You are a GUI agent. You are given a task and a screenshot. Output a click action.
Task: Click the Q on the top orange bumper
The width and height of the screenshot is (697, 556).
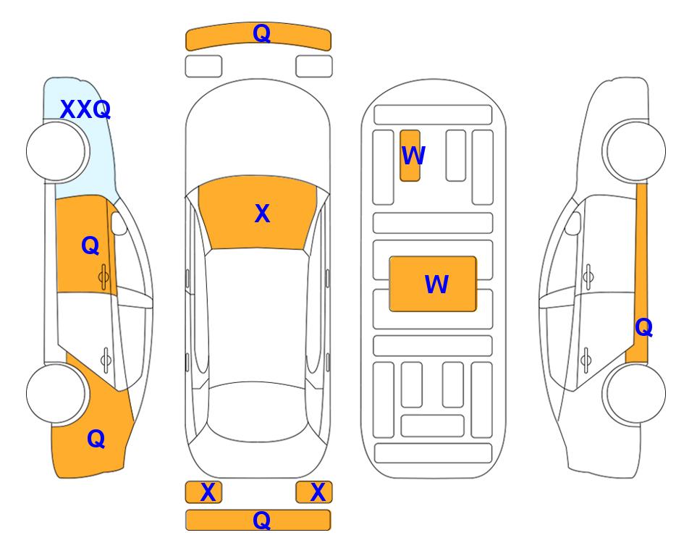[x=261, y=33]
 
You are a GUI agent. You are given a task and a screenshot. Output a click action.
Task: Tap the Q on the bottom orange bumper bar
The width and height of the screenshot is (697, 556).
[x=261, y=520]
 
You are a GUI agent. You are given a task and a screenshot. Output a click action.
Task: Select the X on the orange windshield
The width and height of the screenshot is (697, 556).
[x=262, y=214]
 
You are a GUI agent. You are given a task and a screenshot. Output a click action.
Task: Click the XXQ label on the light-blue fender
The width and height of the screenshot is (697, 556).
[x=85, y=109]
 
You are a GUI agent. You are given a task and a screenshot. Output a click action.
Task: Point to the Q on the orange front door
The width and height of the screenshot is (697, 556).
[x=90, y=245]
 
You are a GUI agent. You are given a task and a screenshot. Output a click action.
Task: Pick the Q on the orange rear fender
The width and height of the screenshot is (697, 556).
[x=96, y=439]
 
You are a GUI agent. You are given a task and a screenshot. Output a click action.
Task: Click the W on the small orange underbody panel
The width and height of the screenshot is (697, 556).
[x=413, y=156]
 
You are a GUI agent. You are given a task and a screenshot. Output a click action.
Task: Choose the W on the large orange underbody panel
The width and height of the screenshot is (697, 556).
[x=436, y=285]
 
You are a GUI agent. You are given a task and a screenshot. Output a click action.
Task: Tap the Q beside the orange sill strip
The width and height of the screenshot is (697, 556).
[x=643, y=327]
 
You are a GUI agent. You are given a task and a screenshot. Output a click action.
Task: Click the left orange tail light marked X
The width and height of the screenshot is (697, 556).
[x=203, y=492]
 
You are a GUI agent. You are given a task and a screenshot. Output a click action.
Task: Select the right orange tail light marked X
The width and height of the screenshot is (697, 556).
[x=314, y=492]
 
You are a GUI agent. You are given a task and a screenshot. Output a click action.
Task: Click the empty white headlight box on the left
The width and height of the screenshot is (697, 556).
[x=203, y=67]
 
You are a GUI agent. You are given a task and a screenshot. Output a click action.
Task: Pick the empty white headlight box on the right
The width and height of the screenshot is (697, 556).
[x=314, y=67]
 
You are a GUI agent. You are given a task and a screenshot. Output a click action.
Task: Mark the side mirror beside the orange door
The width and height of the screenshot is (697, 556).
[x=119, y=223]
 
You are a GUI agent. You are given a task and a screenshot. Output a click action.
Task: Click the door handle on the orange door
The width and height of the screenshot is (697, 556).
[x=104, y=277]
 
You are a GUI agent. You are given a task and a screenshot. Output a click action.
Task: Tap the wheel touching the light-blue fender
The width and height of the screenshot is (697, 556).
[x=56, y=151]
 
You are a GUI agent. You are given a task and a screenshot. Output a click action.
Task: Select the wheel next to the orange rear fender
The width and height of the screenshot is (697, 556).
[x=56, y=393]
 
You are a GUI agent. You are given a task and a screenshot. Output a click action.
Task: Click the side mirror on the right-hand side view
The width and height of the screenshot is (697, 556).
[x=573, y=223]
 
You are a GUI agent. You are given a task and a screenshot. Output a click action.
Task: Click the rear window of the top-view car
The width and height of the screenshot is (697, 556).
[x=258, y=411]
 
